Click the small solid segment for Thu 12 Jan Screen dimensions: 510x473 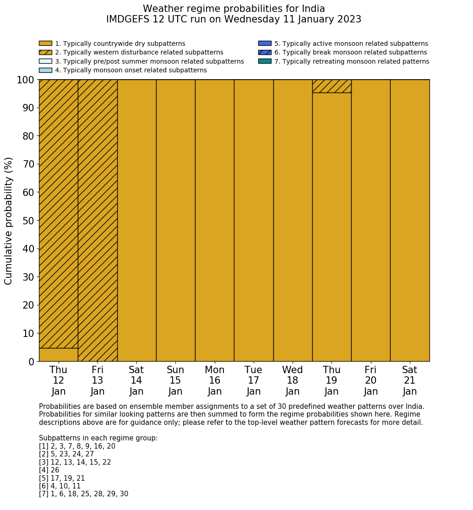point(58,355)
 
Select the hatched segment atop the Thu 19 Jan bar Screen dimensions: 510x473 point(332,86)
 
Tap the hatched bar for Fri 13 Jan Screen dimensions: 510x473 point(98,220)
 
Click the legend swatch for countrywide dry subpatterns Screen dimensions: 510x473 point(45,43)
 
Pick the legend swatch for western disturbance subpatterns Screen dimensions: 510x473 point(45,52)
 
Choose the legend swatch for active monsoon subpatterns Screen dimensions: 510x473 point(265,43)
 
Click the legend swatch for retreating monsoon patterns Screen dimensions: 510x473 point(265,61)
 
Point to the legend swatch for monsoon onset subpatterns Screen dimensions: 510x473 point(45,70)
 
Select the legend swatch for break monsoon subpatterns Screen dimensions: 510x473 point(265,52)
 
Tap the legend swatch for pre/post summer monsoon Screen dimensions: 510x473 point(45,61)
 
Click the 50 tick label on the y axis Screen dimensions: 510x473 point(28,221)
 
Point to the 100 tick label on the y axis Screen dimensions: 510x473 point(26,80)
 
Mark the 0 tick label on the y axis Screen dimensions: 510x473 point(31,362)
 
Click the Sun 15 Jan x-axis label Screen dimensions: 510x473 point(175,380)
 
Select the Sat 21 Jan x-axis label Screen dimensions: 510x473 point(410,380)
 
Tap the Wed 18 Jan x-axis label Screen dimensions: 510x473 point(293,380)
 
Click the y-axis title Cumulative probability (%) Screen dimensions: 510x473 point(9,221)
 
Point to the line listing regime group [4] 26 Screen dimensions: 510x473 point(49,470)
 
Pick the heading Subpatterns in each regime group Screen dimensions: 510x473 point(98,438)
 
